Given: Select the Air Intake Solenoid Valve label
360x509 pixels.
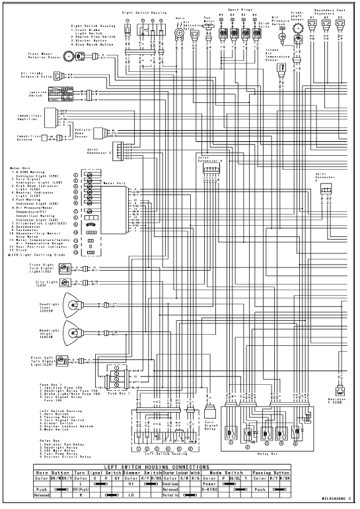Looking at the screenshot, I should (x=35, y=76).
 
